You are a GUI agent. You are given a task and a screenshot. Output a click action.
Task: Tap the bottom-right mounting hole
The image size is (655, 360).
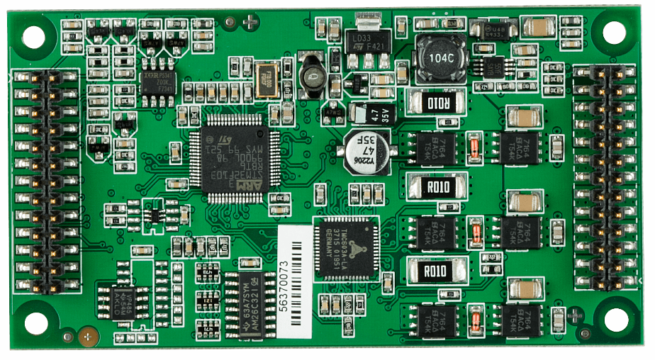(x=615, y=320)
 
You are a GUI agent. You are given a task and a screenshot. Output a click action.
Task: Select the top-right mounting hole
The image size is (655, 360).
(x=614, y=32)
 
